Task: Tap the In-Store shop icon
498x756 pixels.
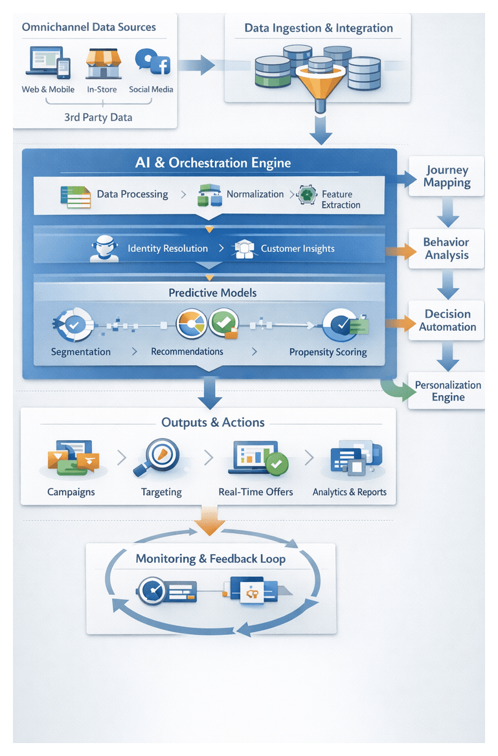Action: coord(104,62)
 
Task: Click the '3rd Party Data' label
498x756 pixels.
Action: coord(98,117)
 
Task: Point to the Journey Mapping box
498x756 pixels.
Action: coord(447,176)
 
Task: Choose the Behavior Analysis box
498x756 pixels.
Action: coord(446,249)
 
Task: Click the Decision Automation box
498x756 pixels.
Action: coord(447,320)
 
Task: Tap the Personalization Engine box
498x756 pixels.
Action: coord(447,391)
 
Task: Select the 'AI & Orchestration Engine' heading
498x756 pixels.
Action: coord(213,163)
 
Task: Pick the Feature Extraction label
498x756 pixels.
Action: coord(341,199)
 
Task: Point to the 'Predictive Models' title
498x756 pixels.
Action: coord(212,293)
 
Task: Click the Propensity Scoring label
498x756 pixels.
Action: coord(328,352)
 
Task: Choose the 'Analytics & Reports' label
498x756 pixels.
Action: coord(349,492)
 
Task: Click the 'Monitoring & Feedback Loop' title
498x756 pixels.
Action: coord(210,559)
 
